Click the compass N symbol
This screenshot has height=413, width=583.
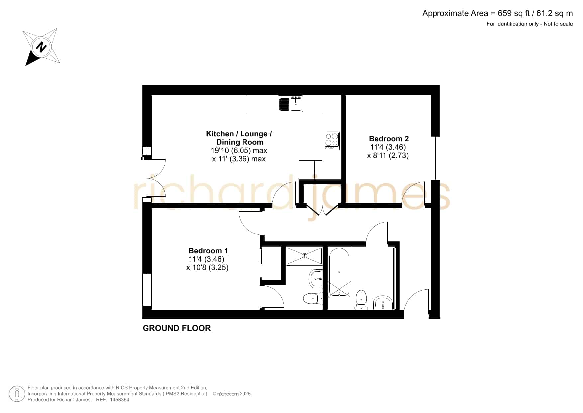coord(41,47)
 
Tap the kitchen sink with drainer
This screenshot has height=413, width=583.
coord(290,103)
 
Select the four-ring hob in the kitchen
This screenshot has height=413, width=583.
coord(332,141)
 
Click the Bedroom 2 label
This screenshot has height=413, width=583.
coord(389,139)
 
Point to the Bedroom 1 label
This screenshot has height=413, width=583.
coord(208,251)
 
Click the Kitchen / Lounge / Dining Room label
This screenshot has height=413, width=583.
coord(239,138)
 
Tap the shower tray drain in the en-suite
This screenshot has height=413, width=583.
coord(304,256)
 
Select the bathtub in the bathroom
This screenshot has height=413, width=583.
coord(339,272)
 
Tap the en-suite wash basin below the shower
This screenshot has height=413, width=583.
coord(316,278)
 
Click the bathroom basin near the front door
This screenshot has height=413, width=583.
coord(383,302)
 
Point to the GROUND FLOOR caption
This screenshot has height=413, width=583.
coord(177,328)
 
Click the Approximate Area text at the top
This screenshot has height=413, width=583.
coord(498,13)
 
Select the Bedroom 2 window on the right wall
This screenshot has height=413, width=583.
coord(436,158)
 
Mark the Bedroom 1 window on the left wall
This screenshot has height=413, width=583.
coord(147,290)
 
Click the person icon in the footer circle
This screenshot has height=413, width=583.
coord(17,394)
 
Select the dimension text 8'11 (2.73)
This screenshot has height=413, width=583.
coord(388,155)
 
